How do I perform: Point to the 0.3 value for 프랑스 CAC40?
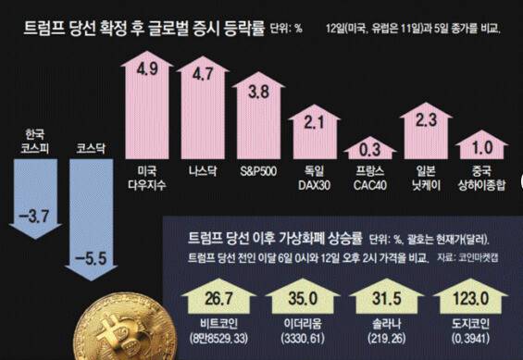coord(368,150)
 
